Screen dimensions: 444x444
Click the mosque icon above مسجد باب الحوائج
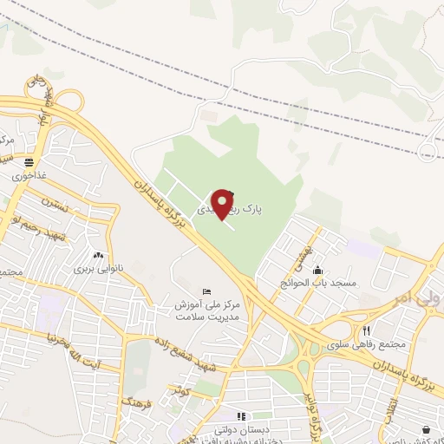(x=319, y=270)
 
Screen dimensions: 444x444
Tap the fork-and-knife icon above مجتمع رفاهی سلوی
(x=367, y=330)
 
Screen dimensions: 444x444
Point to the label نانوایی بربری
(x=94, y=270)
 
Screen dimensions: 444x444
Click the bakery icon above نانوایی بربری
(x=98, y=256)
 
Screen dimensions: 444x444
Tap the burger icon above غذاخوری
(x=29, y=161)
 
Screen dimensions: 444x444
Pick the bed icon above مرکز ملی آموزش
(x=206, y=291)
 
